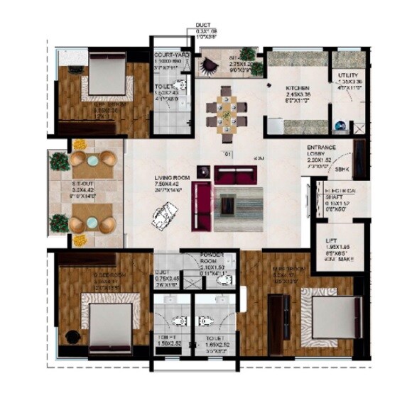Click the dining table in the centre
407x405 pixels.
227,109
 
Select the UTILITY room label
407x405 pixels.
348,75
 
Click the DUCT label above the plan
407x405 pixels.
203,26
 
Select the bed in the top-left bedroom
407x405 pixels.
107,74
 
